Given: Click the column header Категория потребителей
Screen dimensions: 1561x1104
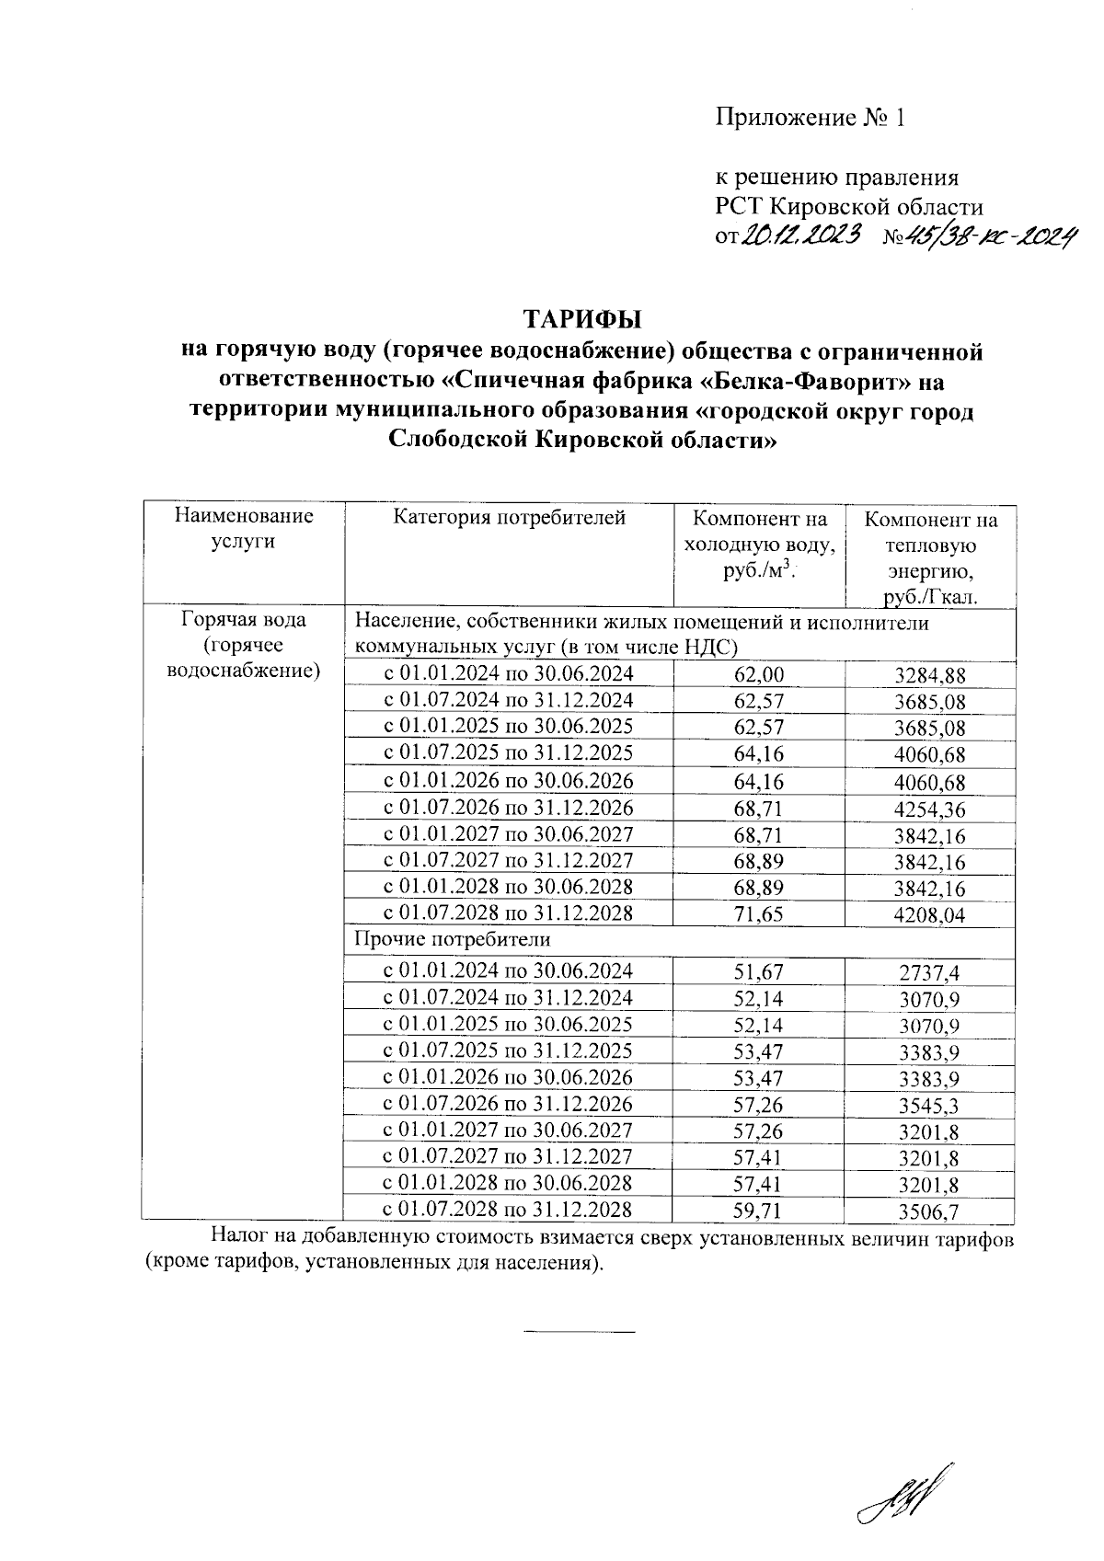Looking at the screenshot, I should tap(509, 518).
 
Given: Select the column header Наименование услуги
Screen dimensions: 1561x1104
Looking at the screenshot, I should tap(244, 529).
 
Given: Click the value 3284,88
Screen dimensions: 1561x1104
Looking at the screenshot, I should tap(930, 676).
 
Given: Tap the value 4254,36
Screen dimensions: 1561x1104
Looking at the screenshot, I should tap(930, 810).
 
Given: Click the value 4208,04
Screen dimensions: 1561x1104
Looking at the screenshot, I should tap(930, 916).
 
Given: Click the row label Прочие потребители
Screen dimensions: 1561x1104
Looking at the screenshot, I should tap(452, 940).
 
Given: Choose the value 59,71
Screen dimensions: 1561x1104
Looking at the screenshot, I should tap(759, 1210).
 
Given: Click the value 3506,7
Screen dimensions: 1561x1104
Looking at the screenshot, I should tap(930, 1211).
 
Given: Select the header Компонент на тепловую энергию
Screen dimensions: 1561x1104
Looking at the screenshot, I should tap(930, 558).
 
